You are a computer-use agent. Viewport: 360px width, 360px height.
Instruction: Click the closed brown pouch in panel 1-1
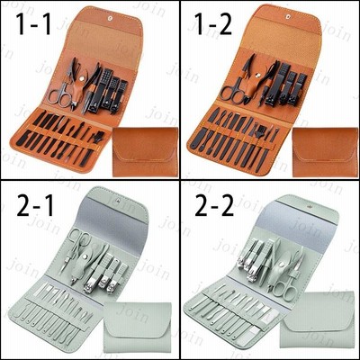coord(145,151)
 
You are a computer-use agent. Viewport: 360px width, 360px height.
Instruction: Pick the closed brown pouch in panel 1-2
coord(325,151)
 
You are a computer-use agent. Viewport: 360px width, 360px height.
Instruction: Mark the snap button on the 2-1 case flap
coord(118,200)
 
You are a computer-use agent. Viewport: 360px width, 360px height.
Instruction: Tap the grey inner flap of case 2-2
coord(297,229)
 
